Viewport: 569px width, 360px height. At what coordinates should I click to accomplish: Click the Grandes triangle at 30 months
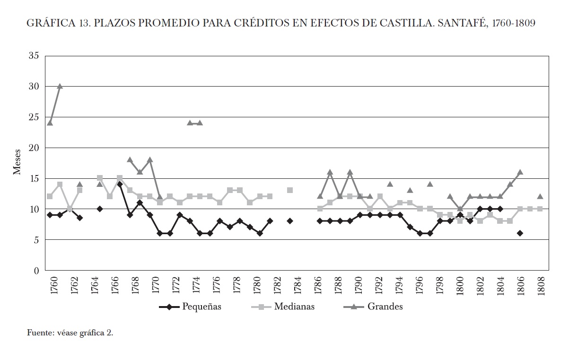click(60, 86)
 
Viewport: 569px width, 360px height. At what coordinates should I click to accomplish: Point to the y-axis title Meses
click(17, 163)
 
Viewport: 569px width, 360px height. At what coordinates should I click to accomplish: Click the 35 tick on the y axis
click(34, 55)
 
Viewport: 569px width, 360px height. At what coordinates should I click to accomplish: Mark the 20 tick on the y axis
click(34, 148)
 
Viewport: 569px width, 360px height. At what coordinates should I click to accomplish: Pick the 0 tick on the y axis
click(36, 271)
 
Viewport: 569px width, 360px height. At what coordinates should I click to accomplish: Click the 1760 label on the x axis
click(53, 286)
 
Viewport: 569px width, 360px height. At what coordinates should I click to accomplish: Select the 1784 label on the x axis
click(298, 286)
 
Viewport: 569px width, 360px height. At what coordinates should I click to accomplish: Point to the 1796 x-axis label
click(420, 286)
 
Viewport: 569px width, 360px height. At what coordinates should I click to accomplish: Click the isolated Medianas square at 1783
click(290, 190)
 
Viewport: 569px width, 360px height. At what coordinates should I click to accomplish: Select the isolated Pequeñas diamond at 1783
click(290, 221)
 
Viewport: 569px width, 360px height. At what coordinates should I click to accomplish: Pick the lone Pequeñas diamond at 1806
click(520, 233)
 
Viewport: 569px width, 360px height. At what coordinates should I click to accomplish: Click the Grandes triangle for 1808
click(540, 196)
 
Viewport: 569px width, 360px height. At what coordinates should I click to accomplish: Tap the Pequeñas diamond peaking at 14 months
click(120, 184)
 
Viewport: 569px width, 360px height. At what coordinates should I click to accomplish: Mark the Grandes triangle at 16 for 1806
click(520, 172)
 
